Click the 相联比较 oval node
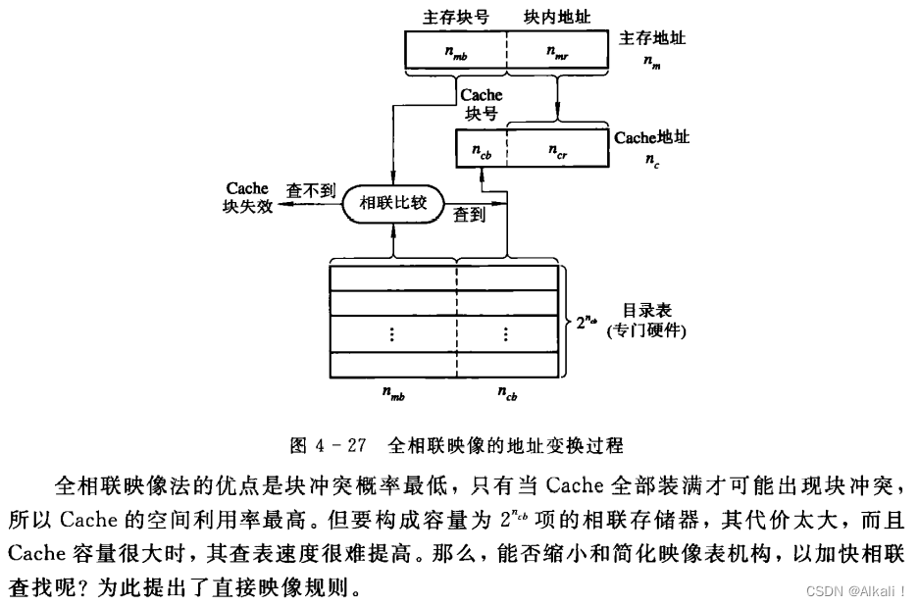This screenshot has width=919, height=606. [392, 205]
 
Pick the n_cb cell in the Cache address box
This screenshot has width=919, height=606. [481, 151]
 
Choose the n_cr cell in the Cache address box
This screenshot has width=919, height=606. [555, 151]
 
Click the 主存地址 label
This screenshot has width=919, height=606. [652, 38]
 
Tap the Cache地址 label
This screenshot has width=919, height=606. [652, 137]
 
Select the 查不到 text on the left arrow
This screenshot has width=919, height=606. [307, 188]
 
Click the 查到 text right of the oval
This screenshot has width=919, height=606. [469, 216]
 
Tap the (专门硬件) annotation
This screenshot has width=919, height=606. [646, 330]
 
